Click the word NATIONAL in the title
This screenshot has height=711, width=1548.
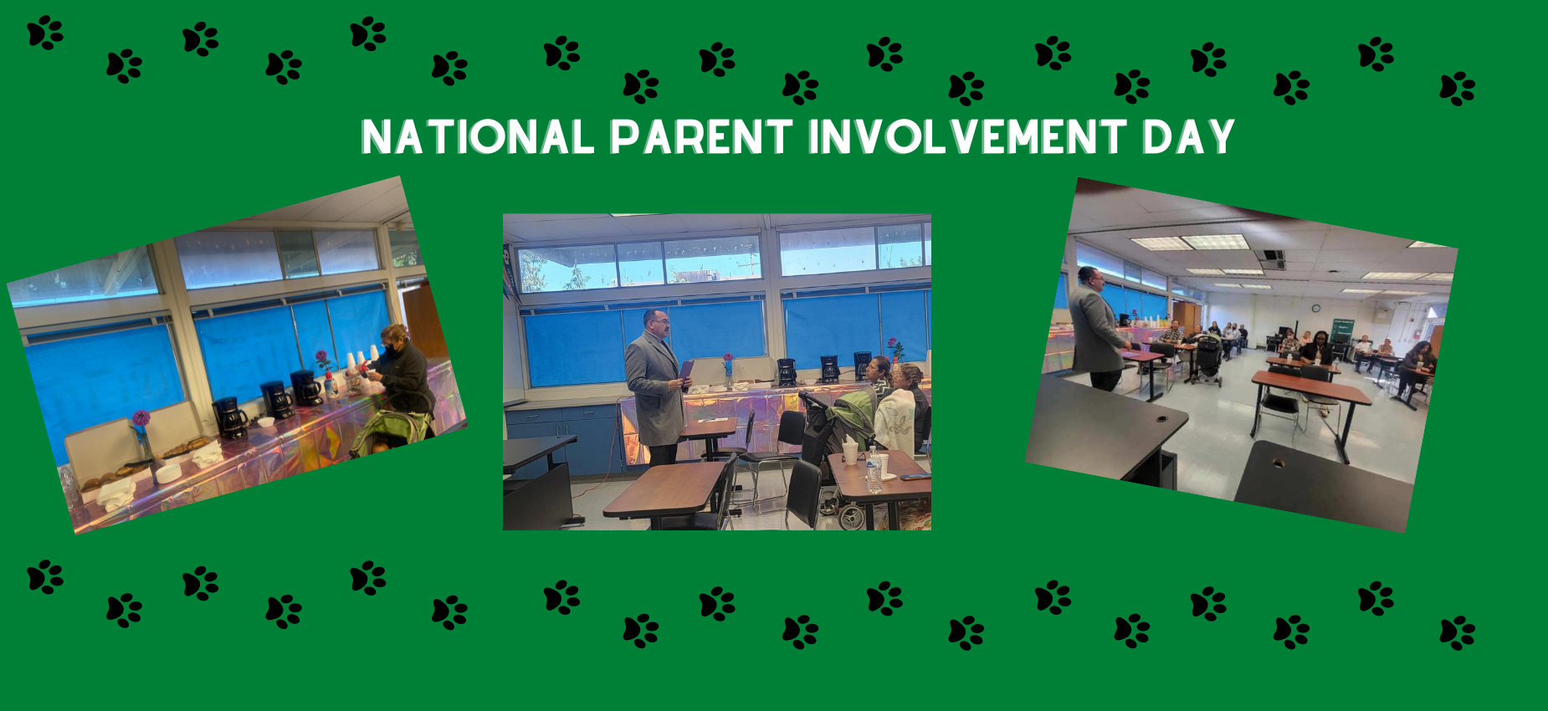477,137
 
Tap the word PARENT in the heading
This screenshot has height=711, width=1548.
701,137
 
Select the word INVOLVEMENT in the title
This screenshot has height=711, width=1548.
967,137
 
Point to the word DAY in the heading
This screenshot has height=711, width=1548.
1188,137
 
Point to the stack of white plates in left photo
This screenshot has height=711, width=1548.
168,473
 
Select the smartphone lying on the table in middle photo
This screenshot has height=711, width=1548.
915,476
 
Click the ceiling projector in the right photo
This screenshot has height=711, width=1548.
1271,258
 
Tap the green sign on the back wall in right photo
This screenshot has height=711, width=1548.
1343,328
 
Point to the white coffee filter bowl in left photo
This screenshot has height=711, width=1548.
265,422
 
